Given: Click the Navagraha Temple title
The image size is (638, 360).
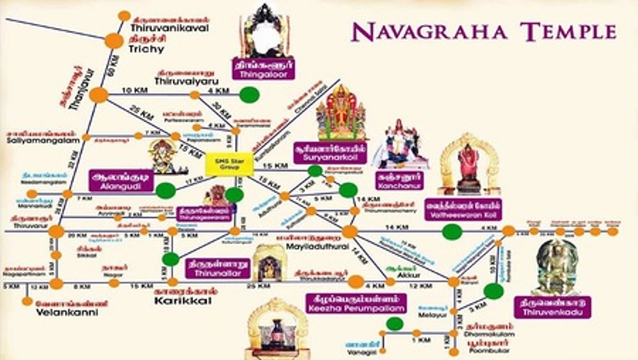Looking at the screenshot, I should tap(484, 32).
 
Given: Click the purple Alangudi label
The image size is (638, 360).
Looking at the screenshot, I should tap(122, 181).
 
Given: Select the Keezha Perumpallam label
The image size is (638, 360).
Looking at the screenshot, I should tap(356, 303).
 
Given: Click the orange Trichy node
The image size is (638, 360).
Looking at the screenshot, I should tap(114, 40).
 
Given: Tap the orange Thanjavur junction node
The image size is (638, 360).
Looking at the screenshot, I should tap(98, 95).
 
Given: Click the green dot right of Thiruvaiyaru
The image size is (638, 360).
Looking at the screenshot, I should tap(249, 95).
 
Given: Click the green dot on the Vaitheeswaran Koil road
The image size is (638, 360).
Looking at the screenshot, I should tap(452, 231).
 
